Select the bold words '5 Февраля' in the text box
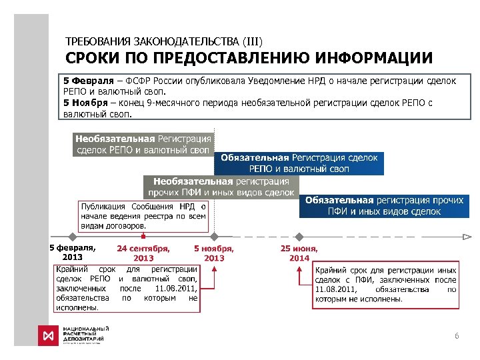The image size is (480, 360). (x=85, y=81)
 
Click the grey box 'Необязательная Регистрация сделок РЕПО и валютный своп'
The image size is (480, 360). (x=143, y=144)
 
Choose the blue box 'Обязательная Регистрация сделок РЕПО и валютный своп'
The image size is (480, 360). (x=299, y=163)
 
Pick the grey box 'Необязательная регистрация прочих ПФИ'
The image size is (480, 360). (x=221, y=186)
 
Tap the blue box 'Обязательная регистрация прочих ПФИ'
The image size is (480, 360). (x=384, y=205)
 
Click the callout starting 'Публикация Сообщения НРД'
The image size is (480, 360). (x=143, y=216)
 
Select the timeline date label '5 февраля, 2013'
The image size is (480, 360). (x=72, y=252)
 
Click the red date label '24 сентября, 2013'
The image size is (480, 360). (x=143, y=253)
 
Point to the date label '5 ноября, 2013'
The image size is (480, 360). (x=214, y=253)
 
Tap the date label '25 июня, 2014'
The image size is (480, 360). (x=299, y=253)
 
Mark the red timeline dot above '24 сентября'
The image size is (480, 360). (x=143, y=237)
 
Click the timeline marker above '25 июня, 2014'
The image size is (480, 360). (x=299, y=237)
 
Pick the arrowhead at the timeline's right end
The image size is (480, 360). (x=468, y=237)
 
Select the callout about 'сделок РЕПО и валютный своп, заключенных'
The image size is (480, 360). (x=127, y=288)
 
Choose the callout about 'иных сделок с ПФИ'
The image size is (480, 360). (x=385, y=285)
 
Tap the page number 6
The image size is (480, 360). (x=457, y=336)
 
